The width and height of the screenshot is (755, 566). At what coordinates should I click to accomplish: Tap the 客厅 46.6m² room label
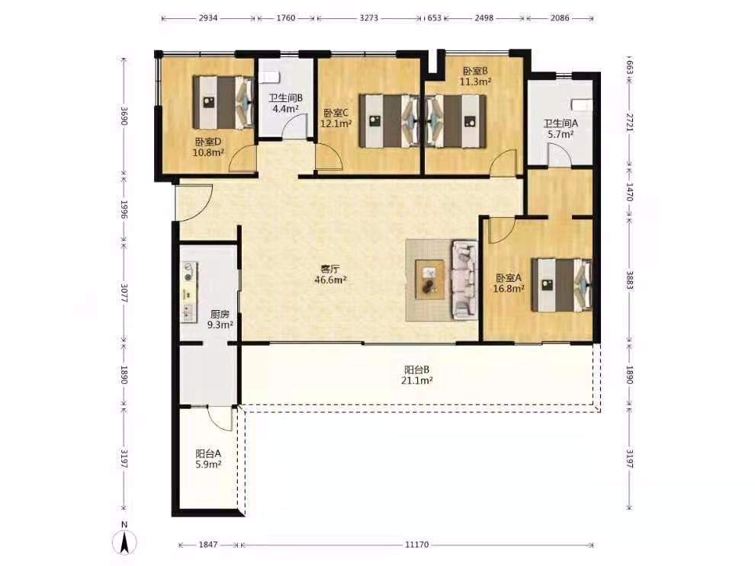point(331,274)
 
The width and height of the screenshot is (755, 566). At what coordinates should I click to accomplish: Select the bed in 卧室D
point(223,102)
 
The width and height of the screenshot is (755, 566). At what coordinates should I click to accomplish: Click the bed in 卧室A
point(561,285)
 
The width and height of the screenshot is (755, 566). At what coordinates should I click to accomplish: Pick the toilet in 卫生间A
point(582,104)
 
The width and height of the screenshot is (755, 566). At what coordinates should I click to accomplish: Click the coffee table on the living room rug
point(429,280)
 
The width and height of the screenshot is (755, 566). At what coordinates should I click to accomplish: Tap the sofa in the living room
point(464,280)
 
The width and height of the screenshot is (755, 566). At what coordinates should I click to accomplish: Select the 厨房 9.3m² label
point(220,319)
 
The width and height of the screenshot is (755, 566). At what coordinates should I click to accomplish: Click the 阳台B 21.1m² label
point(417,375)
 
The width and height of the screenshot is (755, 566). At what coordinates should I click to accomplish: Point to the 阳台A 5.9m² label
point(208,459)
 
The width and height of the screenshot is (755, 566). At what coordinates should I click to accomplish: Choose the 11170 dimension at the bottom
point(417,545)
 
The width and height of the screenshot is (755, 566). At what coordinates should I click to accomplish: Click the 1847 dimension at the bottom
point(208,545)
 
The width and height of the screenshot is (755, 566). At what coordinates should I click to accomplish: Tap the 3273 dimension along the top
point(369,18)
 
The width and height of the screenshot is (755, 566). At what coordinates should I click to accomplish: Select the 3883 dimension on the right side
point(629,280)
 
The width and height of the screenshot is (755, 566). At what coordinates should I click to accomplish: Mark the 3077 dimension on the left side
point(124,293)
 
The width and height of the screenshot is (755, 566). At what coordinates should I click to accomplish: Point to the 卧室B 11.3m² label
point(475,76)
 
